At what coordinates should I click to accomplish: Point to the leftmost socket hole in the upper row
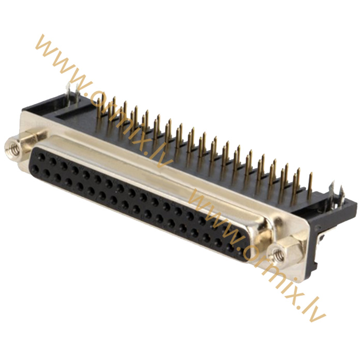(41, 157)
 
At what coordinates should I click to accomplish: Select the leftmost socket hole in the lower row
(36, 169)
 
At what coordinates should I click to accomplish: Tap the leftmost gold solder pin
(99, 113)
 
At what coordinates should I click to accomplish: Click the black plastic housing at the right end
(328, 222)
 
